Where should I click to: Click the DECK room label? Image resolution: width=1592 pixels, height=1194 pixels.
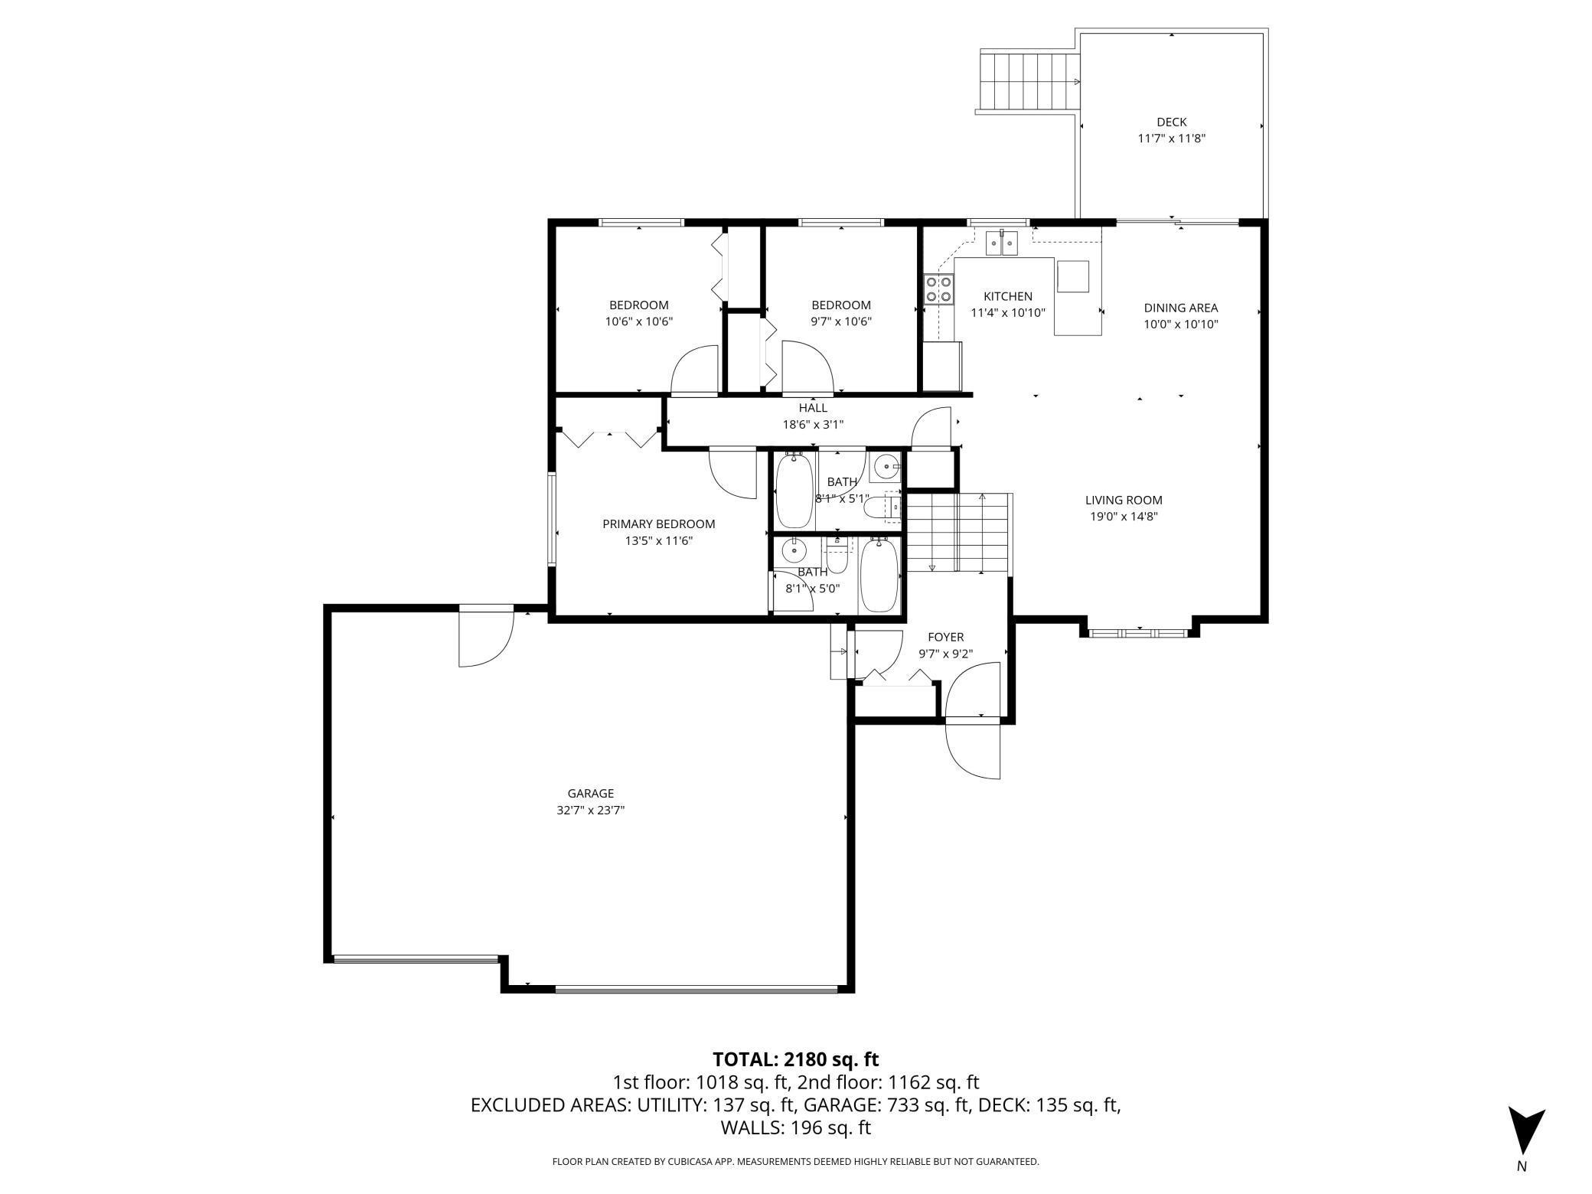coord(1171,122)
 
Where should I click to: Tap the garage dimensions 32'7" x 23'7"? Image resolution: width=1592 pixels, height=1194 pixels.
coord(590,810)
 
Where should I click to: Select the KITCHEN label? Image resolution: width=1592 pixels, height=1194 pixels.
coord(1007,296)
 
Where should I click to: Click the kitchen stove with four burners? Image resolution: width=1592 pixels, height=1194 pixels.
coord(939,289)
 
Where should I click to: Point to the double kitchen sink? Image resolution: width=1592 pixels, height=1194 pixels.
coord(1001,243)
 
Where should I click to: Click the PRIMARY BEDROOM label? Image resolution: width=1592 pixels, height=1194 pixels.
coord(658,524)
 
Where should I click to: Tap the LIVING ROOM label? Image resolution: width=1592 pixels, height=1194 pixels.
coord(1123,500)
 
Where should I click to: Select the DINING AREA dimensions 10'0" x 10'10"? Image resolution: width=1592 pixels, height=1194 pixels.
coord(1180,324)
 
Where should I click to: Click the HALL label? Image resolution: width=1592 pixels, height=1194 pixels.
coord(812,408)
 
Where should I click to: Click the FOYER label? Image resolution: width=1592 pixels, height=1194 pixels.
coord(945,637)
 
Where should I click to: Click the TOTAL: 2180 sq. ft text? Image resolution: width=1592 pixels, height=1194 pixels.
coord(795,1059)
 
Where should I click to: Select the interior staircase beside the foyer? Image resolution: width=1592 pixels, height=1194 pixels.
coord(957,533)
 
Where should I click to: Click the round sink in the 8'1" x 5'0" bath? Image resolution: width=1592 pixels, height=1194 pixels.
coord(794,550)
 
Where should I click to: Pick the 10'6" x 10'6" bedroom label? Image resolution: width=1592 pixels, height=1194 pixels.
coord(638,313)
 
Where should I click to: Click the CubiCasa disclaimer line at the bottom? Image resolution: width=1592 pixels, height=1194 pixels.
coord(795,1162)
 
